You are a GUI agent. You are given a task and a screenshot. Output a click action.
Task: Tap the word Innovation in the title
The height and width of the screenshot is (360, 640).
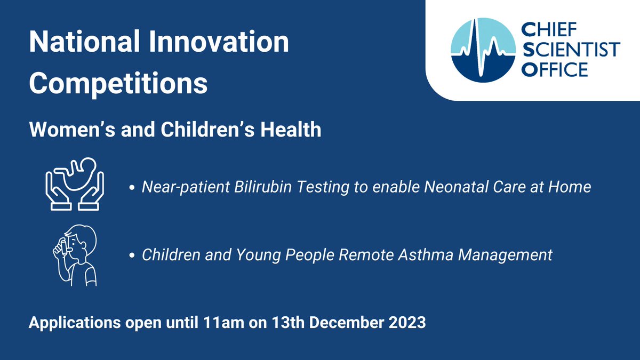coord(219,42)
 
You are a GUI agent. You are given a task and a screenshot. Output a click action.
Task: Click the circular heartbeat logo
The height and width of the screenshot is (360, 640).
coord(483,50)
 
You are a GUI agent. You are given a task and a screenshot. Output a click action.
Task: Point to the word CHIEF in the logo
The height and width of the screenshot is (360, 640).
coord(549,30)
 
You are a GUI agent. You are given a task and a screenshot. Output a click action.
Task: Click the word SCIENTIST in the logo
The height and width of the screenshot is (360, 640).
coord(571,50)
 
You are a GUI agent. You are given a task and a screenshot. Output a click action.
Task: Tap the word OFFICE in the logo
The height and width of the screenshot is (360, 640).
coord(555,70)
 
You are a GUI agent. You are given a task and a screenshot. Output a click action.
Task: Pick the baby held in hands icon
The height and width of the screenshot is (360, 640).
coord(75,184)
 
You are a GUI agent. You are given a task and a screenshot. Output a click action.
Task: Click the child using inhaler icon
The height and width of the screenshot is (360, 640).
coord(75,255)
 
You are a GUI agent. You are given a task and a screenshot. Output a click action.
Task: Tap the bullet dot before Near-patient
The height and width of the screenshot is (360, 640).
coord(132,188)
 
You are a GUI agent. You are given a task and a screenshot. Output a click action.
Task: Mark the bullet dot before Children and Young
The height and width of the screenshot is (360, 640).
coord(132,255)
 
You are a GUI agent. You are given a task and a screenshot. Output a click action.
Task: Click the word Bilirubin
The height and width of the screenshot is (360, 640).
coord(263,187)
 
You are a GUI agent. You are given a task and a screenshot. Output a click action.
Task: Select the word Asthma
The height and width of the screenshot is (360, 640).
coord(426,254)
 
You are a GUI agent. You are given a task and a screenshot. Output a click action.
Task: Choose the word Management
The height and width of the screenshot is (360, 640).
coord(506,255)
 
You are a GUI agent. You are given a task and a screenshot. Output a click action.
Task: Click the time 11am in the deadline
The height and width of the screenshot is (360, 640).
coord(224,323)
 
